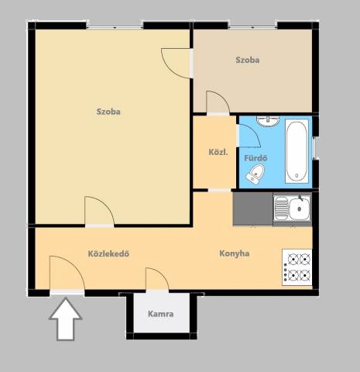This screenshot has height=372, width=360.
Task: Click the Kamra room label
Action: pos(160,314)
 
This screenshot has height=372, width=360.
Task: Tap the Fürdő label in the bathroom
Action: pos(255,158)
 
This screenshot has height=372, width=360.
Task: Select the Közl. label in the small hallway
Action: pos(218,152)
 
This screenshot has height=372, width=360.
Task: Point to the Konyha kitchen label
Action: pos(235,253)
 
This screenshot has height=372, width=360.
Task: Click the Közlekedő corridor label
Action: pos(108,253)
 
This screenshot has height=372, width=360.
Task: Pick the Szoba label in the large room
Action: pos(108,112)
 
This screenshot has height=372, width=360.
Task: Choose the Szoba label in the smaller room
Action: pos(248,60)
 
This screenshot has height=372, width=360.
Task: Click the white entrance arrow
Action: pos(66,319)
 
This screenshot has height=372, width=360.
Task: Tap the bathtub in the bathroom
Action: pos(297,151)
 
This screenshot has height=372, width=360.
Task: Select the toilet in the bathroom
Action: pos(255,174)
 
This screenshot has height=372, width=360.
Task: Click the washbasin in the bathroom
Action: pos(268,121)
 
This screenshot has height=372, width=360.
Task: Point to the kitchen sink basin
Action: pos(300,208)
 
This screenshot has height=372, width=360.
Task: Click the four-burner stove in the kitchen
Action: pos(297,267)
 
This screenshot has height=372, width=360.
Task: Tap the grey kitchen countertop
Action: pos(253,208)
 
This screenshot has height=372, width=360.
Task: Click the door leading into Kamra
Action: pos(157,280)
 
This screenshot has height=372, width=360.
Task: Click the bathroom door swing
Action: pos(249,136)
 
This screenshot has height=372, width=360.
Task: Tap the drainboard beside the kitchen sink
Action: pos(281,208)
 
